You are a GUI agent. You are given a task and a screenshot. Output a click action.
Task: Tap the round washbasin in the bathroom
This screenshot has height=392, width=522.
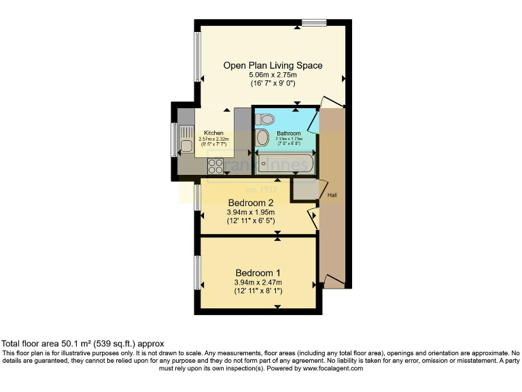pos(262,139)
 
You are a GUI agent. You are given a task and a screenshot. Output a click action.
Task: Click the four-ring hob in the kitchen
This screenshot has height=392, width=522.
pos(216,165)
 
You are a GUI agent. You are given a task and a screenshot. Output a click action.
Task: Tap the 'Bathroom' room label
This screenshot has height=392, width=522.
pos(288,133)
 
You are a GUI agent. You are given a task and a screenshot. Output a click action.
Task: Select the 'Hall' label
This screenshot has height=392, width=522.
pos(332,195)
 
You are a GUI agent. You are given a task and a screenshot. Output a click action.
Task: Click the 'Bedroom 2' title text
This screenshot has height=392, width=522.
pos(251,203)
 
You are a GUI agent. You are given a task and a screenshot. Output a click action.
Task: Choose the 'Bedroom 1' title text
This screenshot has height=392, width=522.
pos(251,273)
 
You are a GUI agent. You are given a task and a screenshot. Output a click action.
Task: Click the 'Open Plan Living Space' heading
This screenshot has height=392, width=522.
pos(273,65)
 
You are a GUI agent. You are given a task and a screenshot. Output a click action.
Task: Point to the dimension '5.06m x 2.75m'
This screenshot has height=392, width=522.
pos(273,75)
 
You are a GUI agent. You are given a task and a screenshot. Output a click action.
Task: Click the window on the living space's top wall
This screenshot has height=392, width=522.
pos(313,23)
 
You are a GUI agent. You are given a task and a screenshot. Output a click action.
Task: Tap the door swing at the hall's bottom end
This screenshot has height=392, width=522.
pos(333,281)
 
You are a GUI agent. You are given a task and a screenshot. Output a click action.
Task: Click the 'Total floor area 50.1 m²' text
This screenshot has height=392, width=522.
pos(82,344)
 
